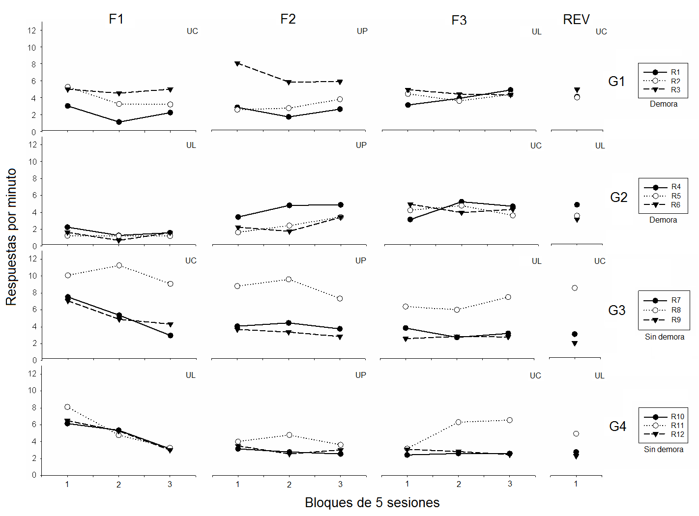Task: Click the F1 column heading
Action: tap(116, 19)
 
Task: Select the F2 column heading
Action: tap(288, 19)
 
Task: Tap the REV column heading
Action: tap(576, 20)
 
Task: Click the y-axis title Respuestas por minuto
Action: tap(11, 237)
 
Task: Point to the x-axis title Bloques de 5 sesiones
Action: tap(372, 503)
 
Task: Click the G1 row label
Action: tap(616, 82)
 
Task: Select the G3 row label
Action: tap(616, 311)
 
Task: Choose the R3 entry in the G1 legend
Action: tap(675, 90)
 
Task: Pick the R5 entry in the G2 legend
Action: tap(676, 196)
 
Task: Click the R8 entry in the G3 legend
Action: tap(676, 310)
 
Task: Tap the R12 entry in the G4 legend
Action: tap(677, 434)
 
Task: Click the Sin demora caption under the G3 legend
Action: tap(664, 337)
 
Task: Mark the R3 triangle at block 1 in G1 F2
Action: tap(237, 64)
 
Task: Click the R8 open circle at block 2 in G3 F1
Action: tap(119, 265)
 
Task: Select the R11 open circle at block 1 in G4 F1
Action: tap(67, 407)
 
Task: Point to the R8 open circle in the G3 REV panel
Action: tap(575, 288)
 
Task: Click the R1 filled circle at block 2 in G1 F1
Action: tap(119, 122)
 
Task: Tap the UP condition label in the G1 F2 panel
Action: tap(362, 31)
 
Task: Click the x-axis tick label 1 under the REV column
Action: tap(576, 484)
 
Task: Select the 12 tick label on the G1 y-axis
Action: tap(32, 30)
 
